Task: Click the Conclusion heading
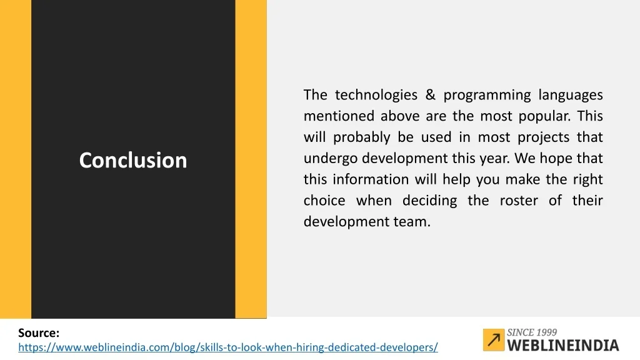coord(133,160)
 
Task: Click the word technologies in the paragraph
coord(376,95)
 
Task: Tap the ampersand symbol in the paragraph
coord(430,95)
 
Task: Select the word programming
coord(487,96)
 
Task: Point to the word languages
coord(571,96)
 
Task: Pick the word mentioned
coord(339,116)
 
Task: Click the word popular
coord(544,116)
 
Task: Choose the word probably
coord(362,137)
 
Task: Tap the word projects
coord(543,137)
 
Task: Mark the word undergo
coord(330,159)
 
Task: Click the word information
coord(371,179)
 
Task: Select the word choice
coord(324,201)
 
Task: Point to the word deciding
coord(429,201)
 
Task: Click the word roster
coord(519,201)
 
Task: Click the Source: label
coord(39,333)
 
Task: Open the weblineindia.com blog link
coord(228,347)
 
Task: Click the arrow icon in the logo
coord(494,339)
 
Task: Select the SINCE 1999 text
coord(532,332)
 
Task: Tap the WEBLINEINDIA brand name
coord(563,345)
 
